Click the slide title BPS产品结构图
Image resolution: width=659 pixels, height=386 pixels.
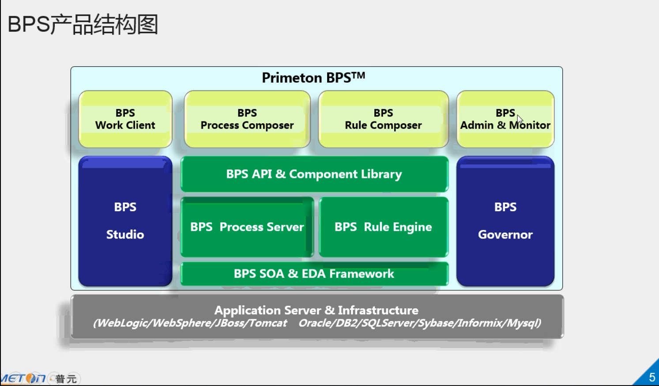(x=83, y=24)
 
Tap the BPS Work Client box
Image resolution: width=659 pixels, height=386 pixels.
(x=125, y=119)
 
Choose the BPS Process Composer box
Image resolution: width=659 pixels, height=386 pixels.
(x=247, y=119)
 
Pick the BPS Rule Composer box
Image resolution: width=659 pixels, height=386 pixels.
(x=383, y=119)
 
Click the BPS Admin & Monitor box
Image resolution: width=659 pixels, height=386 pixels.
(x=505, y=119)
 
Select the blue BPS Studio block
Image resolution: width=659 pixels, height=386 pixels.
(x=125, y=221)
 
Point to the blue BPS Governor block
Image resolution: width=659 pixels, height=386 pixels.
(x=505, y=221)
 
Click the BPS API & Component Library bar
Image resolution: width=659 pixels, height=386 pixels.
(x=314, y=174)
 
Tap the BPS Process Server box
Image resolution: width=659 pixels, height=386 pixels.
(x=247, y=227)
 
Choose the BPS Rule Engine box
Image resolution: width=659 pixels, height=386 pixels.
(x=384, y=227)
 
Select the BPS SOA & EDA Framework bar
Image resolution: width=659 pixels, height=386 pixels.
(x=314, y=274)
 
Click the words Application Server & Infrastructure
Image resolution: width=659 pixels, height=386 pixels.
(x=316, y=310)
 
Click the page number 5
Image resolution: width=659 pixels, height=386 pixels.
(x=652, y=377)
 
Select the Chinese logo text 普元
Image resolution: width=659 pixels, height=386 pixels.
(x=66, y=378)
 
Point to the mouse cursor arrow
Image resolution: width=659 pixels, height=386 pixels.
(x=520, y=120)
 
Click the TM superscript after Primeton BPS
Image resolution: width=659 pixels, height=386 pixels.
(x=358, y=76)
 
